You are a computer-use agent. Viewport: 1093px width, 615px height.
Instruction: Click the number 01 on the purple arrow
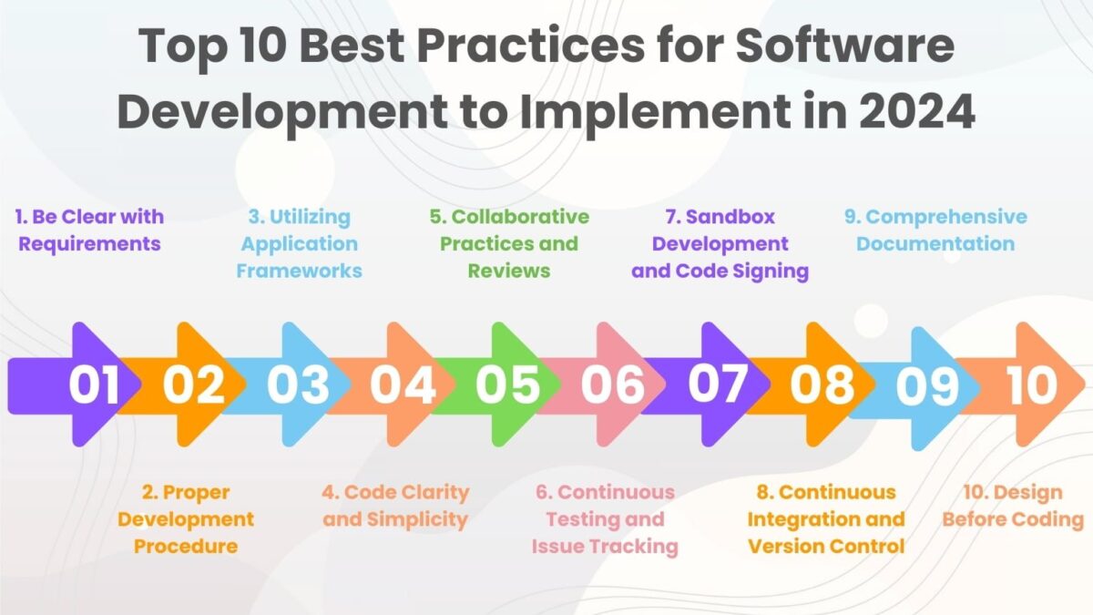94,385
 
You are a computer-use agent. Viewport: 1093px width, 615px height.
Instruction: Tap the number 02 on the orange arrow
194,385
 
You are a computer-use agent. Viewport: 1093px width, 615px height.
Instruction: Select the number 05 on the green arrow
508,385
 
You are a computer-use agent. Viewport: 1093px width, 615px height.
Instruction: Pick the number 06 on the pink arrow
613,385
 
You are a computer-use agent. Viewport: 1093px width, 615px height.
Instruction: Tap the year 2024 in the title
917,111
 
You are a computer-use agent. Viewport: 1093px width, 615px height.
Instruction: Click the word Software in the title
844,46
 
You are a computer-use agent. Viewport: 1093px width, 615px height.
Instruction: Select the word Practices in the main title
530,46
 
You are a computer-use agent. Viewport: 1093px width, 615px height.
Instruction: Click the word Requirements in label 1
90,244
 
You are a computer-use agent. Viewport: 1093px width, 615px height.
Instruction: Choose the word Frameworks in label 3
299,271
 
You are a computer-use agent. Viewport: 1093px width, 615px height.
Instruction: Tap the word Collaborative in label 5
520,217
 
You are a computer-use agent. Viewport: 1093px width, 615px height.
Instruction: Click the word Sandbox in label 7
730,217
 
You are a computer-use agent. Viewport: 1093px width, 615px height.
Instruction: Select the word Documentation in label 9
935,243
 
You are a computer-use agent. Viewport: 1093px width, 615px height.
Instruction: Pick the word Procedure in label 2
186,546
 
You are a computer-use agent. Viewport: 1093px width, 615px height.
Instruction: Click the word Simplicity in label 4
417,520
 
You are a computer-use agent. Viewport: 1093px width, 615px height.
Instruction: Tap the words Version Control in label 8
826,546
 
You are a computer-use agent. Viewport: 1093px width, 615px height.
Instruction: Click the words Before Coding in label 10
1013,520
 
